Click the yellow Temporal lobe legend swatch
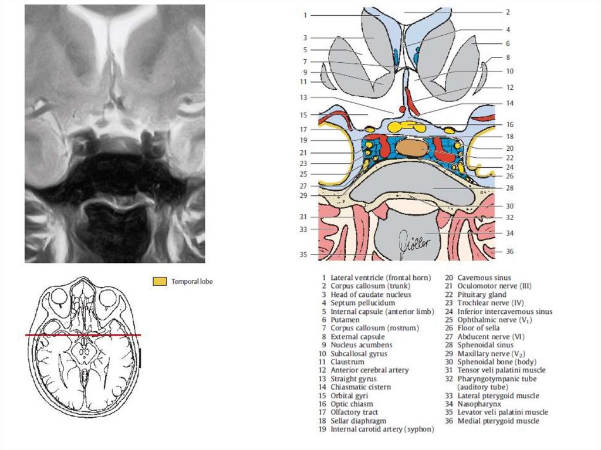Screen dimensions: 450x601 [x=159, y=282]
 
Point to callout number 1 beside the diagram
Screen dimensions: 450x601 [x=306, y=15]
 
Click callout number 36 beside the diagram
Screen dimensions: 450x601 [x=509, y=251]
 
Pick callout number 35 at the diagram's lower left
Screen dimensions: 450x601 [x=303, y=255]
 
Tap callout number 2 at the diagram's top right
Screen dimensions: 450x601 [x=508, y=12]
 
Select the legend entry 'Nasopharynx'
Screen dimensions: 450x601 [x=479, y=404]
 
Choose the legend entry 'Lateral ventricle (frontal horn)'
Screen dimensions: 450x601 [x=380, y=278]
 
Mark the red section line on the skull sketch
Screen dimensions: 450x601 [x=83, y=335]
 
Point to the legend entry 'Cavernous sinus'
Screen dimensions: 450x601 [x=484, y=278]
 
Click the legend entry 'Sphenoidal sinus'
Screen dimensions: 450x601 [x=487, y=345]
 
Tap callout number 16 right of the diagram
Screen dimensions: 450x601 [x=509, y=124]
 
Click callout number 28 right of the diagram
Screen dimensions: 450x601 [x=509, y=188]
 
